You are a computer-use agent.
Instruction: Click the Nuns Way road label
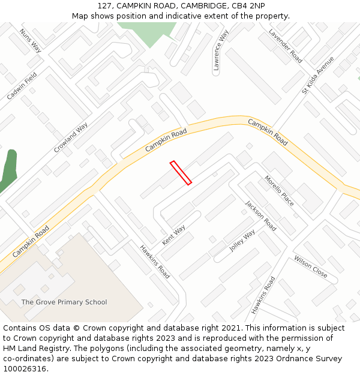(x=30, y=40)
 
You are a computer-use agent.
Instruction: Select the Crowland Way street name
(x=71, y=137)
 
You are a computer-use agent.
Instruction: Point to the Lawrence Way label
(x=220, y=50)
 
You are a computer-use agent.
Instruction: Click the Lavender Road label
(x=285, y=46)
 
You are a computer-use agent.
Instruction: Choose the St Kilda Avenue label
(x=317, y=76)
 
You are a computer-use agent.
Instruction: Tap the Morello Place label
(x=280, y=191)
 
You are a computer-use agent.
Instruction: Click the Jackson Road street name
(x=260, y=215)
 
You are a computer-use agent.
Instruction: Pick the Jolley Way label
(x=242, y=240)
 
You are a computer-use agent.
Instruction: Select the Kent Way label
(x=173, y=235)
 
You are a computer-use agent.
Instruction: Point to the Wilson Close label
(x=310, y=266)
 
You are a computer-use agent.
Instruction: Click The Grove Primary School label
(x=64, y=302)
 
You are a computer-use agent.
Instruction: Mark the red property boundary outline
(x=181, y=173)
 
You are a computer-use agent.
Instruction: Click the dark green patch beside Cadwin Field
(x=9, y=168)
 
